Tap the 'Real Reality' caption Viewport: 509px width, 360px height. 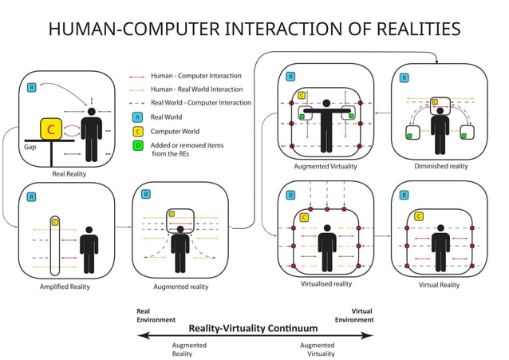click(69, 173)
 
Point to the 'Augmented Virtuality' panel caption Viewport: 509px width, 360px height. click(325, 166)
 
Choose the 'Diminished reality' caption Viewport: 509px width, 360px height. click(440, 166)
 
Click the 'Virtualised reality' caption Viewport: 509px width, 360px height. click(326, 283)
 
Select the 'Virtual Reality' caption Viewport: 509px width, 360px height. click(439, 284)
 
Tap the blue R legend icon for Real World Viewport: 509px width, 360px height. click(138, 117)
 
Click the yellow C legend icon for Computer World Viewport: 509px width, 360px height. click(138, 131)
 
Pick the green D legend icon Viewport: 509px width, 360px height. click(138, 145)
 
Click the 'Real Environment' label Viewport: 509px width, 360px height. click(156, 315)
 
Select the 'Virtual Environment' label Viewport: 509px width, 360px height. click(353, 315)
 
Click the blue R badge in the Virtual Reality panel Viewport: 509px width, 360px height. click(404, 195)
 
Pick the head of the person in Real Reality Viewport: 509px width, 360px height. click(93, 113)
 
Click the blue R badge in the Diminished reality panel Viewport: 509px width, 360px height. click(404, 78)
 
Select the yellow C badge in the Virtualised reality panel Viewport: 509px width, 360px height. click(304, 217)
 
